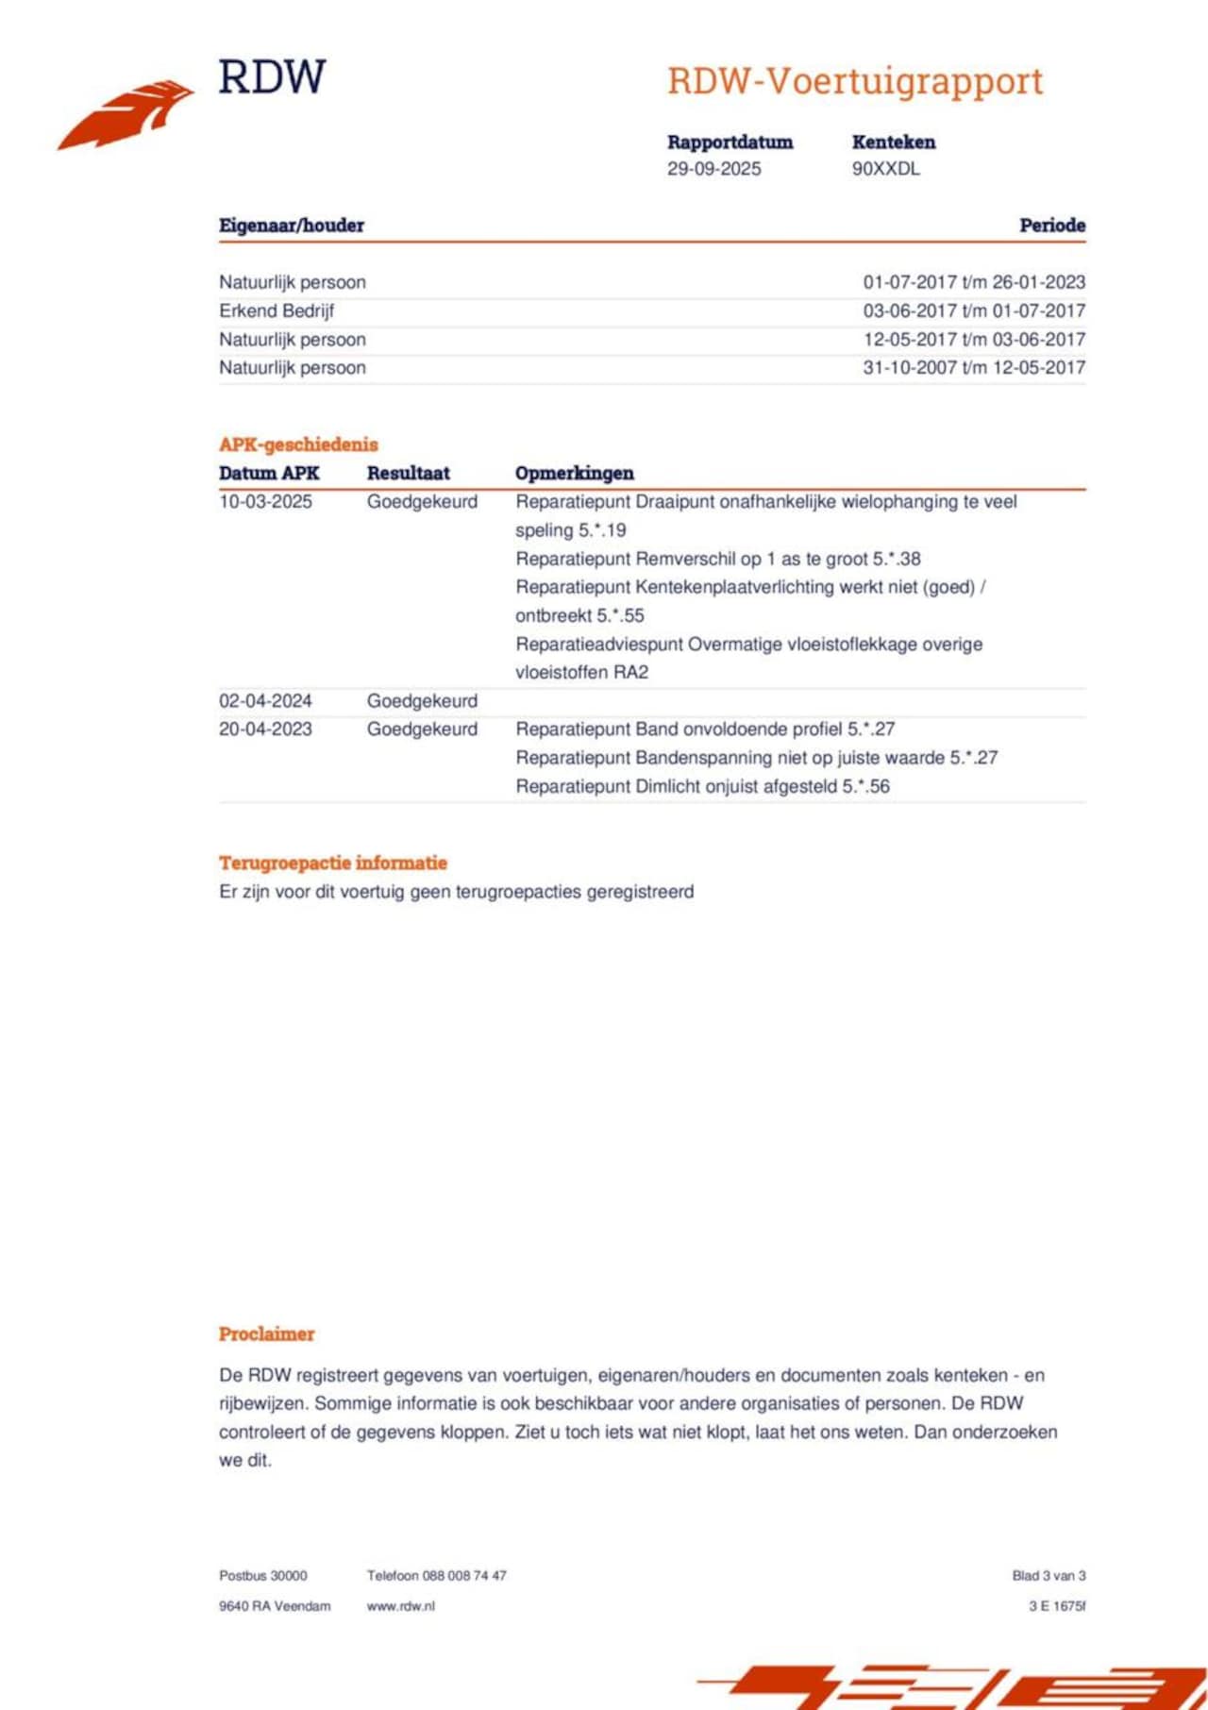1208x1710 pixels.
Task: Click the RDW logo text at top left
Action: pyautogui.click(x=272, y=77)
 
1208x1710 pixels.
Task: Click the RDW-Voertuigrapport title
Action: pyautogui.click(x=855, y=82)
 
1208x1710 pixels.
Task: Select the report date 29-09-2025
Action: pyautogui.click(x=713, y=169)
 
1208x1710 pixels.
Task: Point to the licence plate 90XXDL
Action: pyautogui.click(x=885, y=169)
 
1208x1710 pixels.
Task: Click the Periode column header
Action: pyautogui.click(x=1051, y=226)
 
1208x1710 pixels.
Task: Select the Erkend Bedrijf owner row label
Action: pyautogui.click(x=277, y=310)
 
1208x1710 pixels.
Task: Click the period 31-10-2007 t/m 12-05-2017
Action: pyautogui.click(x=974, y=367)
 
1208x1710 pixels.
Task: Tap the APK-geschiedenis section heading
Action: pyautogui.click(x=298, y=444)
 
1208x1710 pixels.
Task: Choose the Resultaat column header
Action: pyautogui.click(x=408, y=473)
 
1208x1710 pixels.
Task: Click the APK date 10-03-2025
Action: pyautogui.click(x=265, y=501)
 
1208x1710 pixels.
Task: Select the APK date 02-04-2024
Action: pyautogui.click(x=265, y=701)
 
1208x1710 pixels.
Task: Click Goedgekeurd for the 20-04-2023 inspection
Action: pyautogui.click(x=422, y=729)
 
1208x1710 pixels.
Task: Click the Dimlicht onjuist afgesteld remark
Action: pyautogui.click(x=702, y=786)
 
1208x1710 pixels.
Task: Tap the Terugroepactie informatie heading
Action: pyautogui.click(x=332, y=863)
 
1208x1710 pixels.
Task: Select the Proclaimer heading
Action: pyautogui.click(x=266, y=1333)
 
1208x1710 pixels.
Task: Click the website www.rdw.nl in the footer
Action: pyautogui.click(x=400, y=1606)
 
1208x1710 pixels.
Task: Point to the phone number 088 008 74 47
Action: pyautogui.click(x=464, y=1575)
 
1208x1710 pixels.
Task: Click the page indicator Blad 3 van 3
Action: pyautogui.click(x=1049, y=1575)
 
